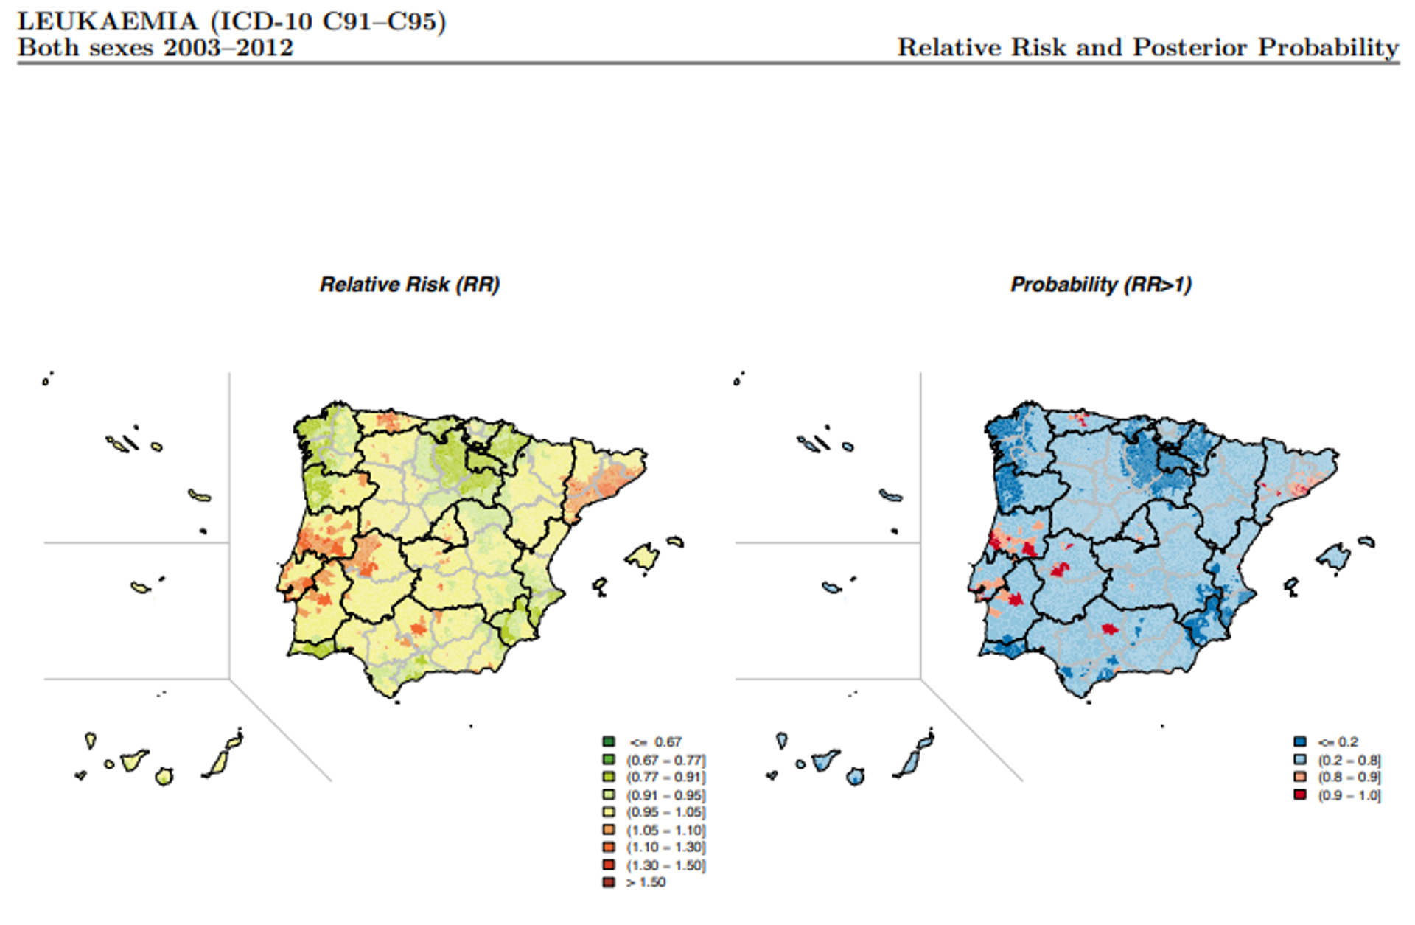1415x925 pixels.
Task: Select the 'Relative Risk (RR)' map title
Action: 410,285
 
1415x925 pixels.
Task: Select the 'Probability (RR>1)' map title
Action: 1101,285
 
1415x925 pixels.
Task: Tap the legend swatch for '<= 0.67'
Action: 609,741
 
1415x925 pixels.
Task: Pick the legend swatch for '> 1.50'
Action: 609,882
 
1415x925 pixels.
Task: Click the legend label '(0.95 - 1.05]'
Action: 665,812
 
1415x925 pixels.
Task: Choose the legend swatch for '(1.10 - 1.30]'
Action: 609,848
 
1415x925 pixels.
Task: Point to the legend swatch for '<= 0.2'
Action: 1300,741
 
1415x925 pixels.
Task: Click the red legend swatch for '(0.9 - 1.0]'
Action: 1300,795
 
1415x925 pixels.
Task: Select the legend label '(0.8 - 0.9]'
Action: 1349,778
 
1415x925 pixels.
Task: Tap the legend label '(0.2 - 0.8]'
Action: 1349,760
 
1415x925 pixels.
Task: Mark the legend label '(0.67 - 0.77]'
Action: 665,760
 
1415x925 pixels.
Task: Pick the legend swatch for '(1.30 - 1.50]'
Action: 609,865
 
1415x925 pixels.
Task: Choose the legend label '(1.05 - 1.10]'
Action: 665,830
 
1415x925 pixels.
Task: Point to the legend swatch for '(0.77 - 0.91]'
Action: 609,777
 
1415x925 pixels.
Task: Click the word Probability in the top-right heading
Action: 1328,48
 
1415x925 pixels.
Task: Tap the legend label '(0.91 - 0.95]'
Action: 665,795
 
